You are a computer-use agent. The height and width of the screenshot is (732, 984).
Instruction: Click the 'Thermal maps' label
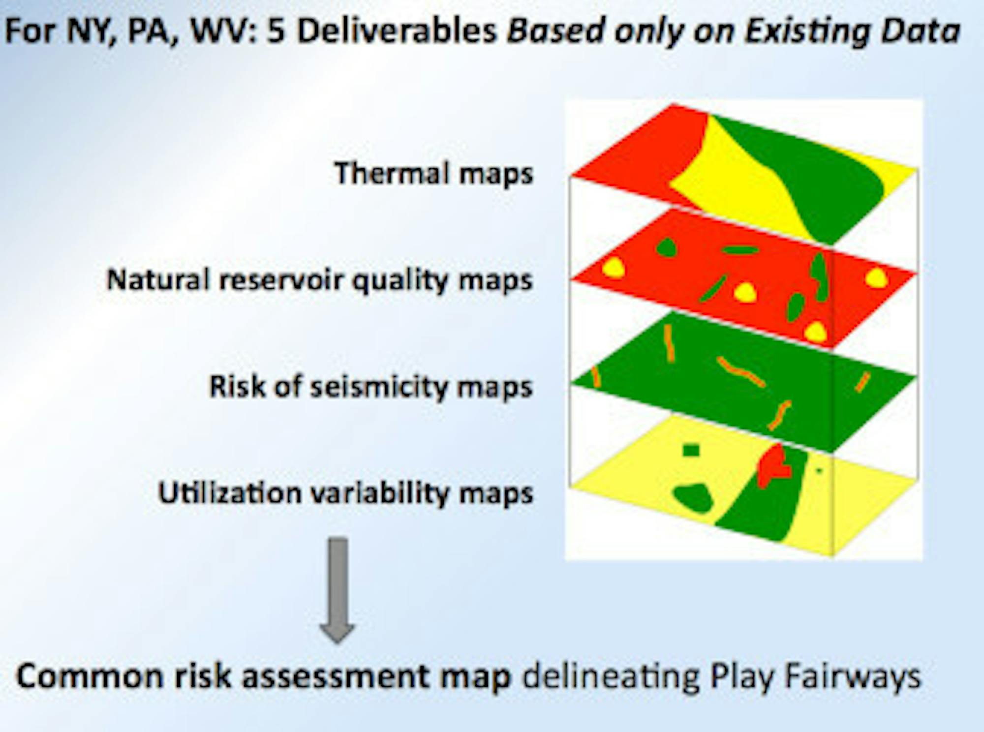pos(433,174)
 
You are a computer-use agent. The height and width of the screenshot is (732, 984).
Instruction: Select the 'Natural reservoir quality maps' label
pos(320,280)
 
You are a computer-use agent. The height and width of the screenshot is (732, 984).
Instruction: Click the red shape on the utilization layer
pos(773,464)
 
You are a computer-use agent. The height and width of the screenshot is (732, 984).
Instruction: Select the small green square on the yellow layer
pos(691,450)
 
